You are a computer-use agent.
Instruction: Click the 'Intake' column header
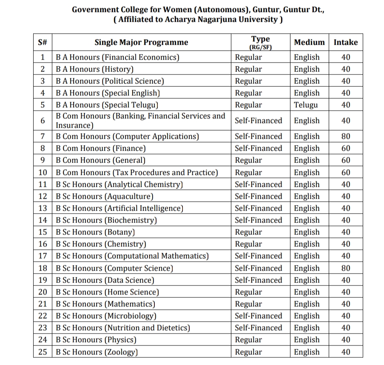pyautogui.click(x=345, y=42)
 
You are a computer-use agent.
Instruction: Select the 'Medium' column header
pyautogui.click(x=309, y=42)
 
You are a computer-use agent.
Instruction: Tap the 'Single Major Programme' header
pyautogui.click(x=141, y=42)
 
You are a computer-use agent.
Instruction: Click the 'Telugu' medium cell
pyautogui.click(x=306, y=105)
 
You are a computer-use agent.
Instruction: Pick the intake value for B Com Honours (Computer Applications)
pyautogui.click(x=346, y=137)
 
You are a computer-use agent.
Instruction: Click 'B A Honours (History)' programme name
pyautogui.click(x=95, y=69)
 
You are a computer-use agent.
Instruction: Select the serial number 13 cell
pyautogui.click(x=43, y=208)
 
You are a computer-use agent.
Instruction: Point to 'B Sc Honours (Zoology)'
pyautogui.click(x=97, y=352)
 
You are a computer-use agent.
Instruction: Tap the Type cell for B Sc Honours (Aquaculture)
pyautogui.click(x=258, y=196)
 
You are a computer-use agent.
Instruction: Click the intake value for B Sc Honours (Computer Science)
pyautogui.click(x=346, y=268)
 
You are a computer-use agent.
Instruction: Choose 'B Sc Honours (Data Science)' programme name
pyautogui.click(x=105, y=280)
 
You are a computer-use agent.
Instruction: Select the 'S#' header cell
pyautogui.click(x=43, y=42)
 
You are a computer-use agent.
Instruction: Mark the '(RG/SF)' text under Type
pyautogui.click(x=261, y=47)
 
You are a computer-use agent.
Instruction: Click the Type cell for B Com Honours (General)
pyautogui.click(x=249, y=160)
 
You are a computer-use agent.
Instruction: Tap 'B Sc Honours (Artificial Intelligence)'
pyautogui.click(x=119, y=208)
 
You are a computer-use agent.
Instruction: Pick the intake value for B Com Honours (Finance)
pyautogui.click(x=346, y=148)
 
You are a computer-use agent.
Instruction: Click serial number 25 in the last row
pyautogui.click(x=43, y=352)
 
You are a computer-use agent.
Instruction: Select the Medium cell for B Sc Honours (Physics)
pyautogui.click(x=307, y=340)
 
